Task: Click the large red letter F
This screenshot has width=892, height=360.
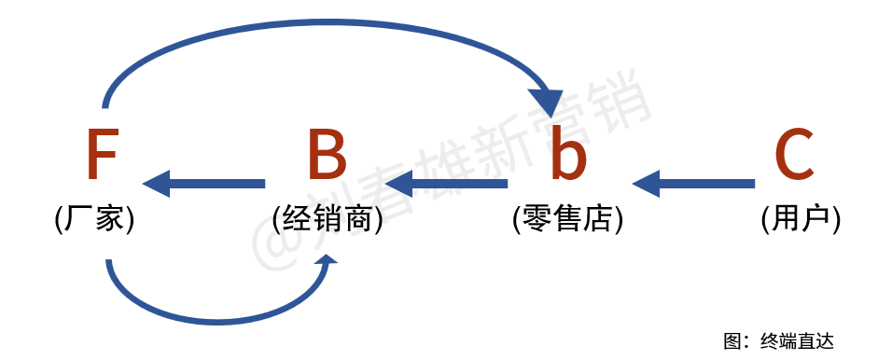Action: [102, 155]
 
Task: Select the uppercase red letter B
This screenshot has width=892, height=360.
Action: [327, 155]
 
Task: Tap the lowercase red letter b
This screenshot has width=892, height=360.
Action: [567, 155]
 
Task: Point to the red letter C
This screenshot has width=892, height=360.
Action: [794, 155]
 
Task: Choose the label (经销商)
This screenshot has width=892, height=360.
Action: [328, 219]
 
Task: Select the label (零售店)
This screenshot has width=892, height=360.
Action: [567, 219]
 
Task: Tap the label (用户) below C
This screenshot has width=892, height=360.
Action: [801, 219]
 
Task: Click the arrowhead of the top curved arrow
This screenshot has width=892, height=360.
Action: [545, 101]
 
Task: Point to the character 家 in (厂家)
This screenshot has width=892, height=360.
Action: [112, 219]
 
